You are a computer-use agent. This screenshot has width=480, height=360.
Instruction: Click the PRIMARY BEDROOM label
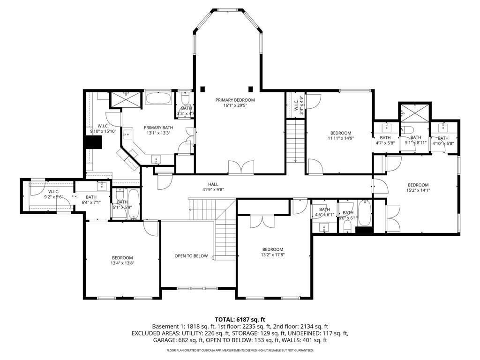pos(235,100)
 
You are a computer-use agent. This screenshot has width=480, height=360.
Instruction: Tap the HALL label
pos(213,184)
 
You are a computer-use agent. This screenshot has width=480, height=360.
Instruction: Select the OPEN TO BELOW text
pos(191,256)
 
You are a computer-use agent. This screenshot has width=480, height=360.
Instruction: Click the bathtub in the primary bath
pos(159,99)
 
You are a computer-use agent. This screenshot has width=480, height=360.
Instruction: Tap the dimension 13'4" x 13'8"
pos(122,263)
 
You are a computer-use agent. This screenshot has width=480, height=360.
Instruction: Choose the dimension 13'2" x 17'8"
pos(272,255)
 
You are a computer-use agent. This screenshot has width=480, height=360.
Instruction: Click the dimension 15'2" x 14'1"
pos(418,190)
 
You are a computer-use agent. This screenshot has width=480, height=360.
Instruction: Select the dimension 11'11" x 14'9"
pos(340,138)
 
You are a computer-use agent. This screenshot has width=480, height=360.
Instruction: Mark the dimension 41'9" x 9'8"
pos(213,190)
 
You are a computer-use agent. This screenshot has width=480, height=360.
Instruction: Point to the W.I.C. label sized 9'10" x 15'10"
pos(104,126)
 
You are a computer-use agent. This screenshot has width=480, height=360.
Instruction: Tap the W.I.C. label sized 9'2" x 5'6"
pos(53,192)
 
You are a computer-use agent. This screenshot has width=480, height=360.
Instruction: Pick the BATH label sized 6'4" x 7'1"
pos(91,197)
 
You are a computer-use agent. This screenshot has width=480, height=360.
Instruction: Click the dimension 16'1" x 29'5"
pos(235,105)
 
